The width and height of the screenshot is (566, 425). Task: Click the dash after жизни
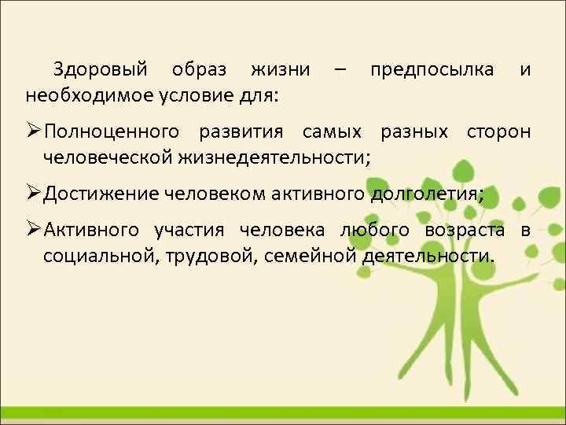click(x=338, y=70)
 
